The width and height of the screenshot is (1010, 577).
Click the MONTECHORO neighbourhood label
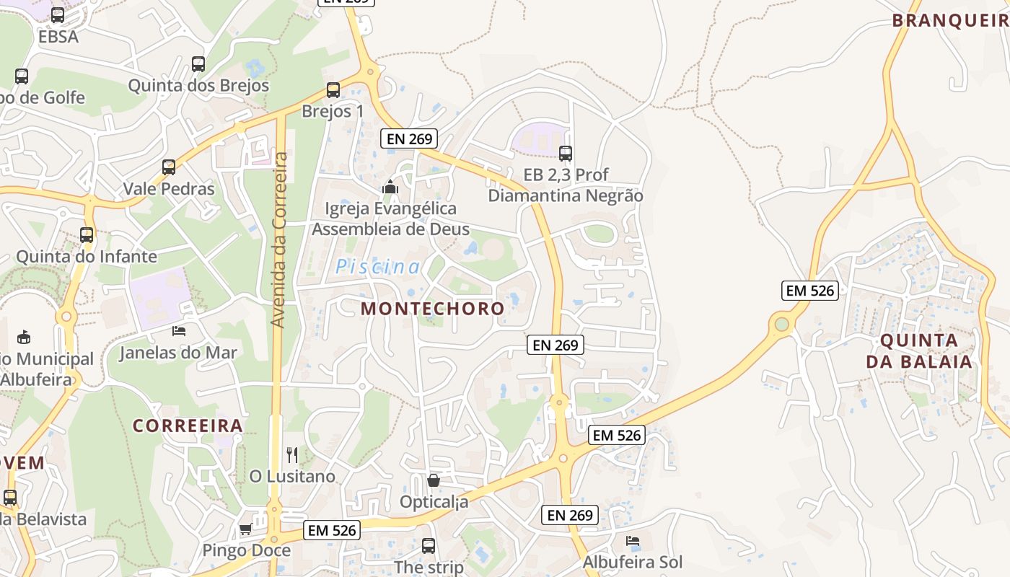point(433,309)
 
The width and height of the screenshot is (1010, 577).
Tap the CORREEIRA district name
point(188,426)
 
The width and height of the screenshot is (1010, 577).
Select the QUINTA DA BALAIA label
point(919,351)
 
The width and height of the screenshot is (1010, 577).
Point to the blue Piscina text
point(377,267)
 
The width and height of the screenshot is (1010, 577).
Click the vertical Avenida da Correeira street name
point(279,239)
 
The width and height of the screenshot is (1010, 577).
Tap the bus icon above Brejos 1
point(333,90)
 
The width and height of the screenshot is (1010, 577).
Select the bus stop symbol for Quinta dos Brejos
point(198,64)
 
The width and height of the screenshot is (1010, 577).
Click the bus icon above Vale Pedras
point(169,167)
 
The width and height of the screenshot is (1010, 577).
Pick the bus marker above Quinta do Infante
point(87,235)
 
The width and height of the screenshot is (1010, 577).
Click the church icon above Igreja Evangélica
point(390,188)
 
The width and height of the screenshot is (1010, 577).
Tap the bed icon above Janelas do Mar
point(179,331)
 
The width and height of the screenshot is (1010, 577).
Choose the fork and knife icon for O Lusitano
point(292,454)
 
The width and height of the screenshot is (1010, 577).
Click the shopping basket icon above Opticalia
point(434,480)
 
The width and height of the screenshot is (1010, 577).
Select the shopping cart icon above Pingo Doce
point(246,529)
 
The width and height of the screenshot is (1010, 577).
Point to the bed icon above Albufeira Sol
point(633,540)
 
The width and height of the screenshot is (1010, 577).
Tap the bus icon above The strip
point(429,545)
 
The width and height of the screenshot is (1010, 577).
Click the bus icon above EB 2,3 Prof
point(566,153)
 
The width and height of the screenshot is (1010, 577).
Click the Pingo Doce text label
point(246,550)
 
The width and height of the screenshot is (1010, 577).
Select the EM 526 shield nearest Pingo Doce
point(332,530)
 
